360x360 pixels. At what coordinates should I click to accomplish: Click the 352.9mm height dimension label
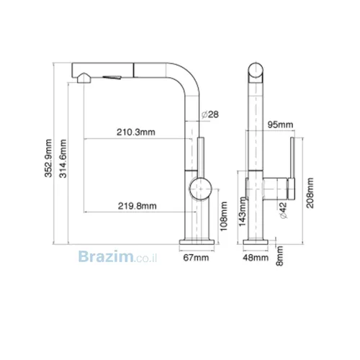click(48, 158)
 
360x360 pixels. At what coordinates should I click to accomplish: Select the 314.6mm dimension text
click(63, 158)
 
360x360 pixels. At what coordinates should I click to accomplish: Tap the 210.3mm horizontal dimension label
click(136, 132)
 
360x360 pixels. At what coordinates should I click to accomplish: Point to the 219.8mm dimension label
click(137, 206)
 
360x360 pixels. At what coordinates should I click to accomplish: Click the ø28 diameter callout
click(210, 114)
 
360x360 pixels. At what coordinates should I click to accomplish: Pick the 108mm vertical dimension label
click(224, 217)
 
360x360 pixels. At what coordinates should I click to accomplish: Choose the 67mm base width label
click(196, 258)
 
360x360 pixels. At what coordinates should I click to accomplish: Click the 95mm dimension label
click(280, 125)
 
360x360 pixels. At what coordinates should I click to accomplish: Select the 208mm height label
click(310, 193)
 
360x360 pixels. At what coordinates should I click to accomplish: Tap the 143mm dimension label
click(243, 212)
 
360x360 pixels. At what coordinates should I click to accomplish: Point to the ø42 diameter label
click(284, 210)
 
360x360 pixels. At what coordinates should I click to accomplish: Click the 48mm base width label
click(256, 258)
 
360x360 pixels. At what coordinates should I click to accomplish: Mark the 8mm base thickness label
click(279, 256)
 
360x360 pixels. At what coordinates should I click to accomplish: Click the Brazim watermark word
click(106, 256)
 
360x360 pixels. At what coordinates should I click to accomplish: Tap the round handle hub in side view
click(200, 189)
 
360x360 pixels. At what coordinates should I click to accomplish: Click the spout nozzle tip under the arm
click(84, 78)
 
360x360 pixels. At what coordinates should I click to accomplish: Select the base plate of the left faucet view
click(197, 242)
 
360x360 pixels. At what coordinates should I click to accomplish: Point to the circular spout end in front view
click(256, 70)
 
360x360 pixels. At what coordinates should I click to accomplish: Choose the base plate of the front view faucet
click(256, 242)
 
